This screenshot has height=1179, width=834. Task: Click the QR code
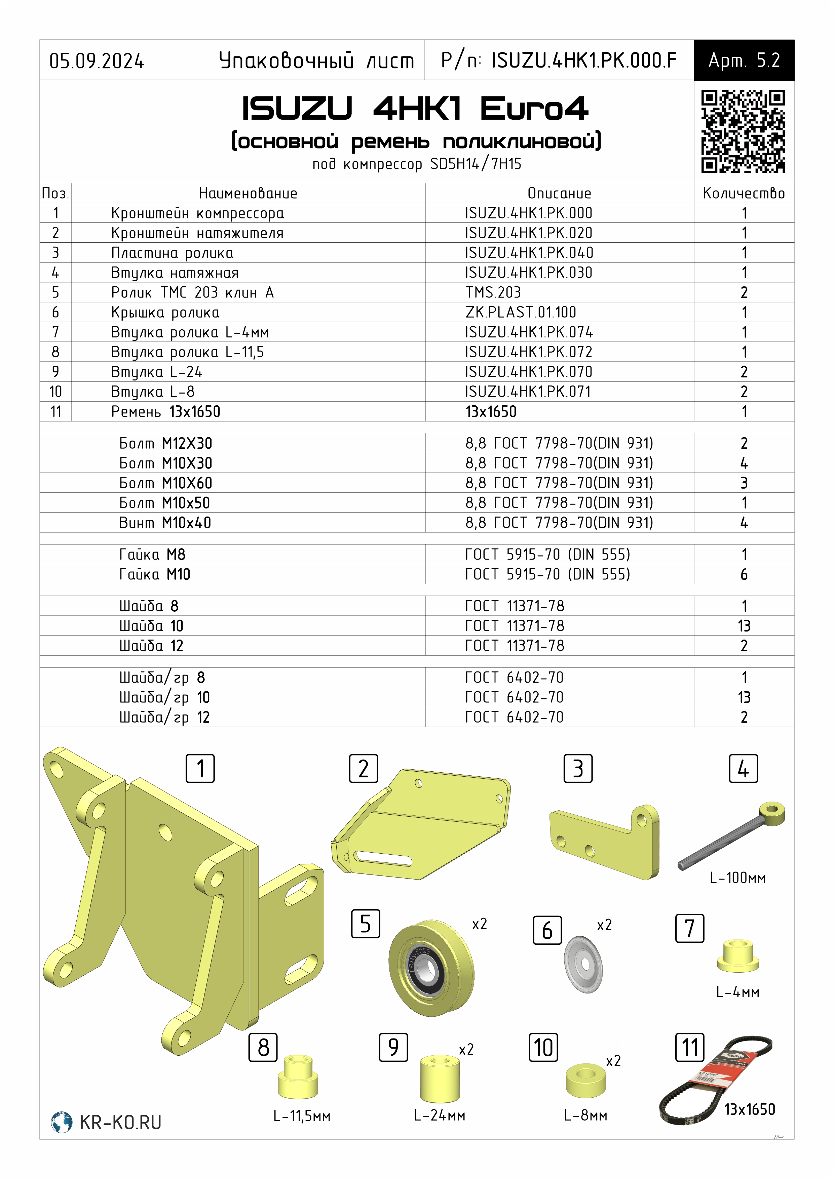coord(743,131)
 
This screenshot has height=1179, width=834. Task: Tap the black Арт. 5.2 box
coord(744,60)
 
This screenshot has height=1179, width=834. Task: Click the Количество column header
coord(744,194)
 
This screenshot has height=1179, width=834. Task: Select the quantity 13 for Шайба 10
coord(744,626)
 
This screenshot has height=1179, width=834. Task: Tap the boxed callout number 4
coord(743,769)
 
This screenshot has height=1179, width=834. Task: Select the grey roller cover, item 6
coord(583,964)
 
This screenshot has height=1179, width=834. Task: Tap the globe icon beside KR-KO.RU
coord(61,1122)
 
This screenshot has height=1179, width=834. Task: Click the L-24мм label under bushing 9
coord(439,1115)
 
